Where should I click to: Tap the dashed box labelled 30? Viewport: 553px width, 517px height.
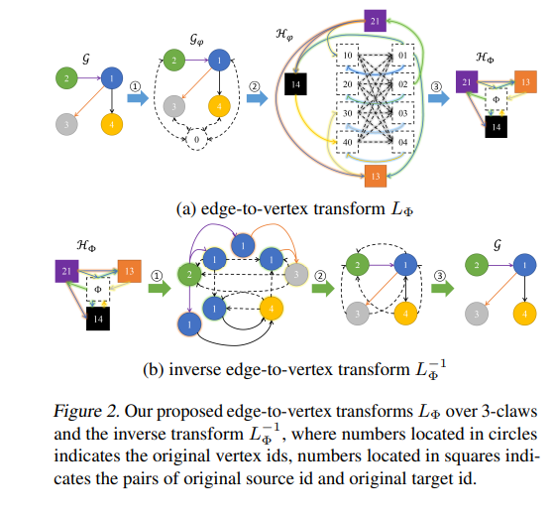pos(348,114)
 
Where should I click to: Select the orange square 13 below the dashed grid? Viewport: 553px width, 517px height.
pos(374,178)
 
